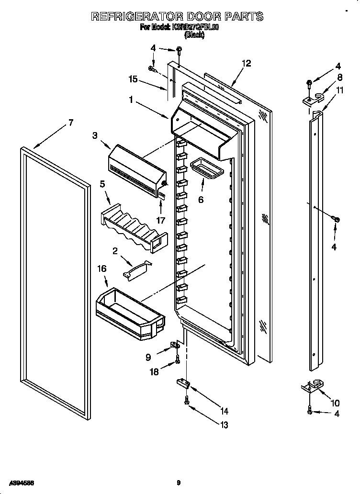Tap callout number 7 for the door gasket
pos(70,123)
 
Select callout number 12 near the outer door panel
pos(246,63)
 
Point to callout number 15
pos(133,79)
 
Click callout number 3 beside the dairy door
pos(95,136)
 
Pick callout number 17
pos(161,220)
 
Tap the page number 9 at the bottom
pos(178,483)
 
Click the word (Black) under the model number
pos(194,35)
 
